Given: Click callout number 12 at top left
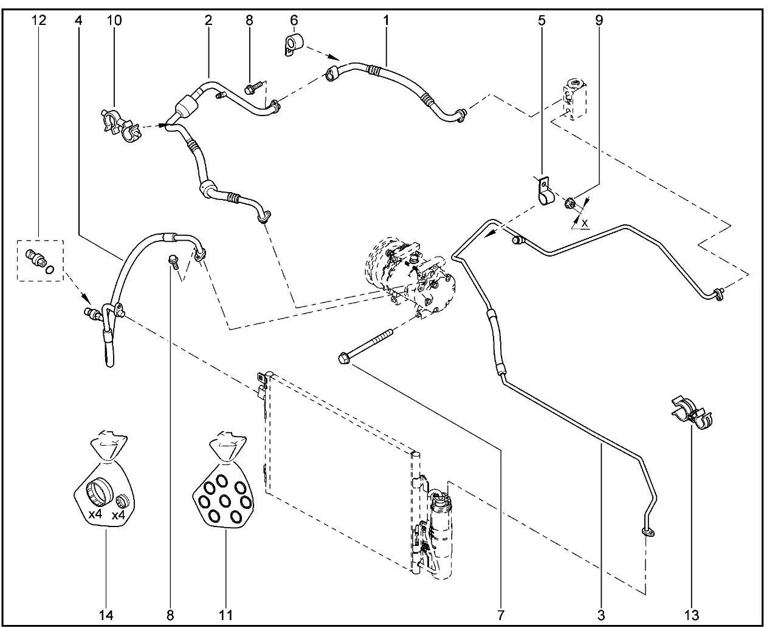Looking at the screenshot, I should [x=39, y=20].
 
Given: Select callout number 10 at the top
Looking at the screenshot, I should [x=114, y=20].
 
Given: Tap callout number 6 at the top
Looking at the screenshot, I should [x=294, y=20].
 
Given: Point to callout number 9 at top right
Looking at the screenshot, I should [x=599, y=20].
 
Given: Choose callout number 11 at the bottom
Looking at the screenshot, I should [x=226, y=615].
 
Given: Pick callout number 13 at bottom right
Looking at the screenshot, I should [x=692, y=615].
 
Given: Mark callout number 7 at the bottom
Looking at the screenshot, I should [x=501, y=615].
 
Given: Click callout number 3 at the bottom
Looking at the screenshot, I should [x=601, y=615].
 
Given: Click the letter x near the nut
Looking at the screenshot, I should [x=585, y=223].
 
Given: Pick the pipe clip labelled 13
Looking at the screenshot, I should [x=692, y=413].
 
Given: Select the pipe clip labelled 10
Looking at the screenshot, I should [x=122, y=123].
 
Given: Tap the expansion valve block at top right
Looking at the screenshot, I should [x=575, y=99].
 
